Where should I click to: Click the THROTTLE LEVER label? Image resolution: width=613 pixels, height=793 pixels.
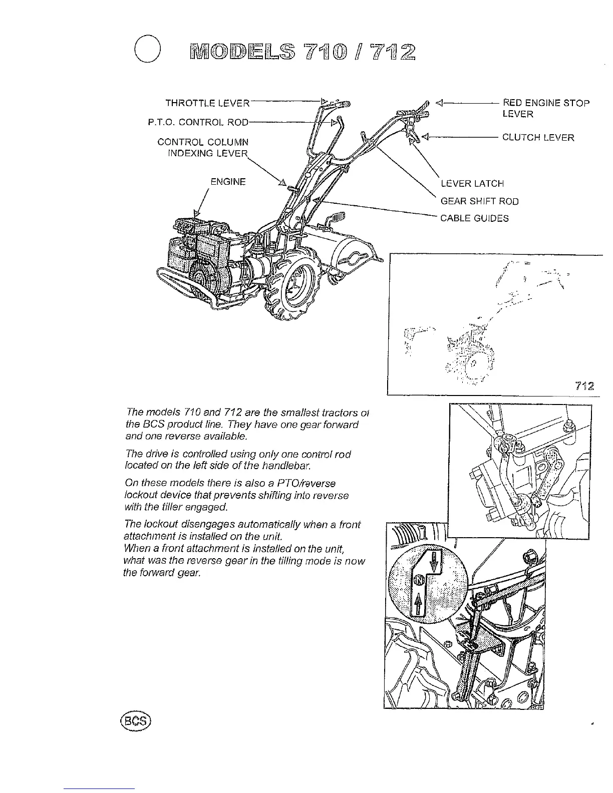[x=207, y=104]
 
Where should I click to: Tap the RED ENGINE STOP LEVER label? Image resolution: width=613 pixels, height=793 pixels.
[x=546, y=109]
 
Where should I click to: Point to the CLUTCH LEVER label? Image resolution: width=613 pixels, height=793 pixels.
[x=538, y=137]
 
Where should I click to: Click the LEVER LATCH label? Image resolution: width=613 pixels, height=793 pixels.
[x=472, y=184]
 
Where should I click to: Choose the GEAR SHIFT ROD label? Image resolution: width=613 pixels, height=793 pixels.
[x=479, y=201]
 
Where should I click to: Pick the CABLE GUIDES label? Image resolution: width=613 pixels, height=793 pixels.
[x=474, y=218]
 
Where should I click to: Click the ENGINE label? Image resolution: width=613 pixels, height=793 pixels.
[x=228, y=182]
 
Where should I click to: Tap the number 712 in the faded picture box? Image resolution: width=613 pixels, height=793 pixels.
[x=584, y=386]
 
